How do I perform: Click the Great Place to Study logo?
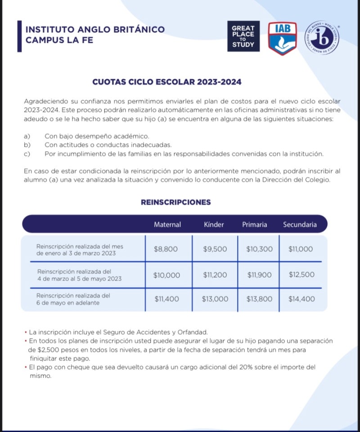click(243, 36)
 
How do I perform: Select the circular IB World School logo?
click(322, 38)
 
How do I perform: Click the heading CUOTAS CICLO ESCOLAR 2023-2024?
click(167, 82)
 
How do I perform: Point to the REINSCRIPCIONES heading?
click(176, 202)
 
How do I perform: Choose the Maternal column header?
click(167, 225)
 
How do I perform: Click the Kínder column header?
click(214, 225)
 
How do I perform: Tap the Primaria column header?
click(255, 225)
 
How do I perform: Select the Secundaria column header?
click(300, 225)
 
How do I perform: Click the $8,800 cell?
click(166, 249)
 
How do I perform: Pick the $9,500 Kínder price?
click(215, 249)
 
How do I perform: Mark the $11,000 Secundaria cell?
click(301, 249)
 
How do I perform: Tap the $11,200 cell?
click(215, 274)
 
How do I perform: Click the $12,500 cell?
click(301, 274)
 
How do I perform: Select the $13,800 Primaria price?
click(260, 299)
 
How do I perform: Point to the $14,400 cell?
click(301, 299)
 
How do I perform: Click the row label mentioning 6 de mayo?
click(73, 299)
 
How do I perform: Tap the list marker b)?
click(27, 145)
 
